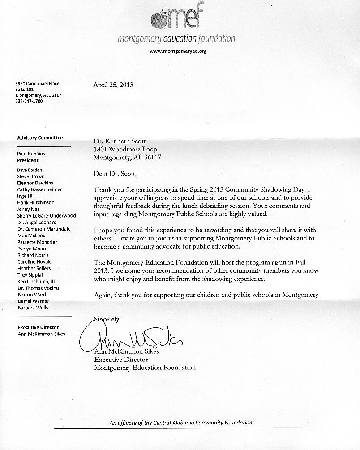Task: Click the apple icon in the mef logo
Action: pyautogui.click(x=159, y=19)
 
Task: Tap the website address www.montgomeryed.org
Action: pyautogui.click(x=178, y=51)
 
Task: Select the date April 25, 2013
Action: pyautogui.click(x=113, y=85)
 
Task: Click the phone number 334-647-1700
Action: pyautogui.click(x=29, y=101)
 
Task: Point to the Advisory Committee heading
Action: pyautogui.click(x=40, y=138)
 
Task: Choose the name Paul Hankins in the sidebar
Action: pyautogui.click(x=31, y=154)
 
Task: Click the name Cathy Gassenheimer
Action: pyautogui.click(x=40, y=189)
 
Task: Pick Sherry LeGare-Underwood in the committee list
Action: pyautogui.click(x=47, y=216)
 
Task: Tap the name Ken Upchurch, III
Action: pyautogui.click(x=36, y=282)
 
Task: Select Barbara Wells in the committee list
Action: pyautogui.click(x=33, y=308)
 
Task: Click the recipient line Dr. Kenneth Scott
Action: pyautogui.click(x=120, y=141)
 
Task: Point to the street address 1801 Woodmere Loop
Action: pyautogui.click(x=125, y=150)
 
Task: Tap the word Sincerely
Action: pyautogui.click(x=107, y=320)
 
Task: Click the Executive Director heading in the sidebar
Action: pyautogui.click(x=38, y=327)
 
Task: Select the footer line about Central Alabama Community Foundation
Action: pyautogui.click(x=181, y=423)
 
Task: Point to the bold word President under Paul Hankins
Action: pyautogui.click(x=28, y=160)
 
